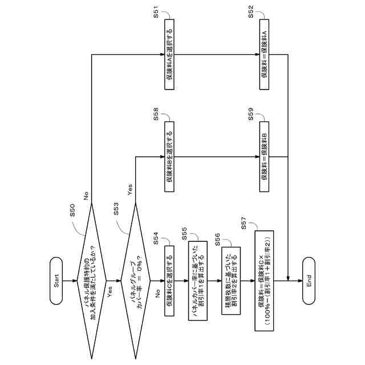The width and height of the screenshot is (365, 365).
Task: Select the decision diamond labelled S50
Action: click(91, 281)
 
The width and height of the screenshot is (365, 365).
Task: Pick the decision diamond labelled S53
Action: click(135, 281)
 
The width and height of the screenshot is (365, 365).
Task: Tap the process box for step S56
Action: click(225, 281)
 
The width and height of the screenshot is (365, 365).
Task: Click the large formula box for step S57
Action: click(264, 281)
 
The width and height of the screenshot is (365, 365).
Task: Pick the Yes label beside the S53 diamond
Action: click(130, 189)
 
